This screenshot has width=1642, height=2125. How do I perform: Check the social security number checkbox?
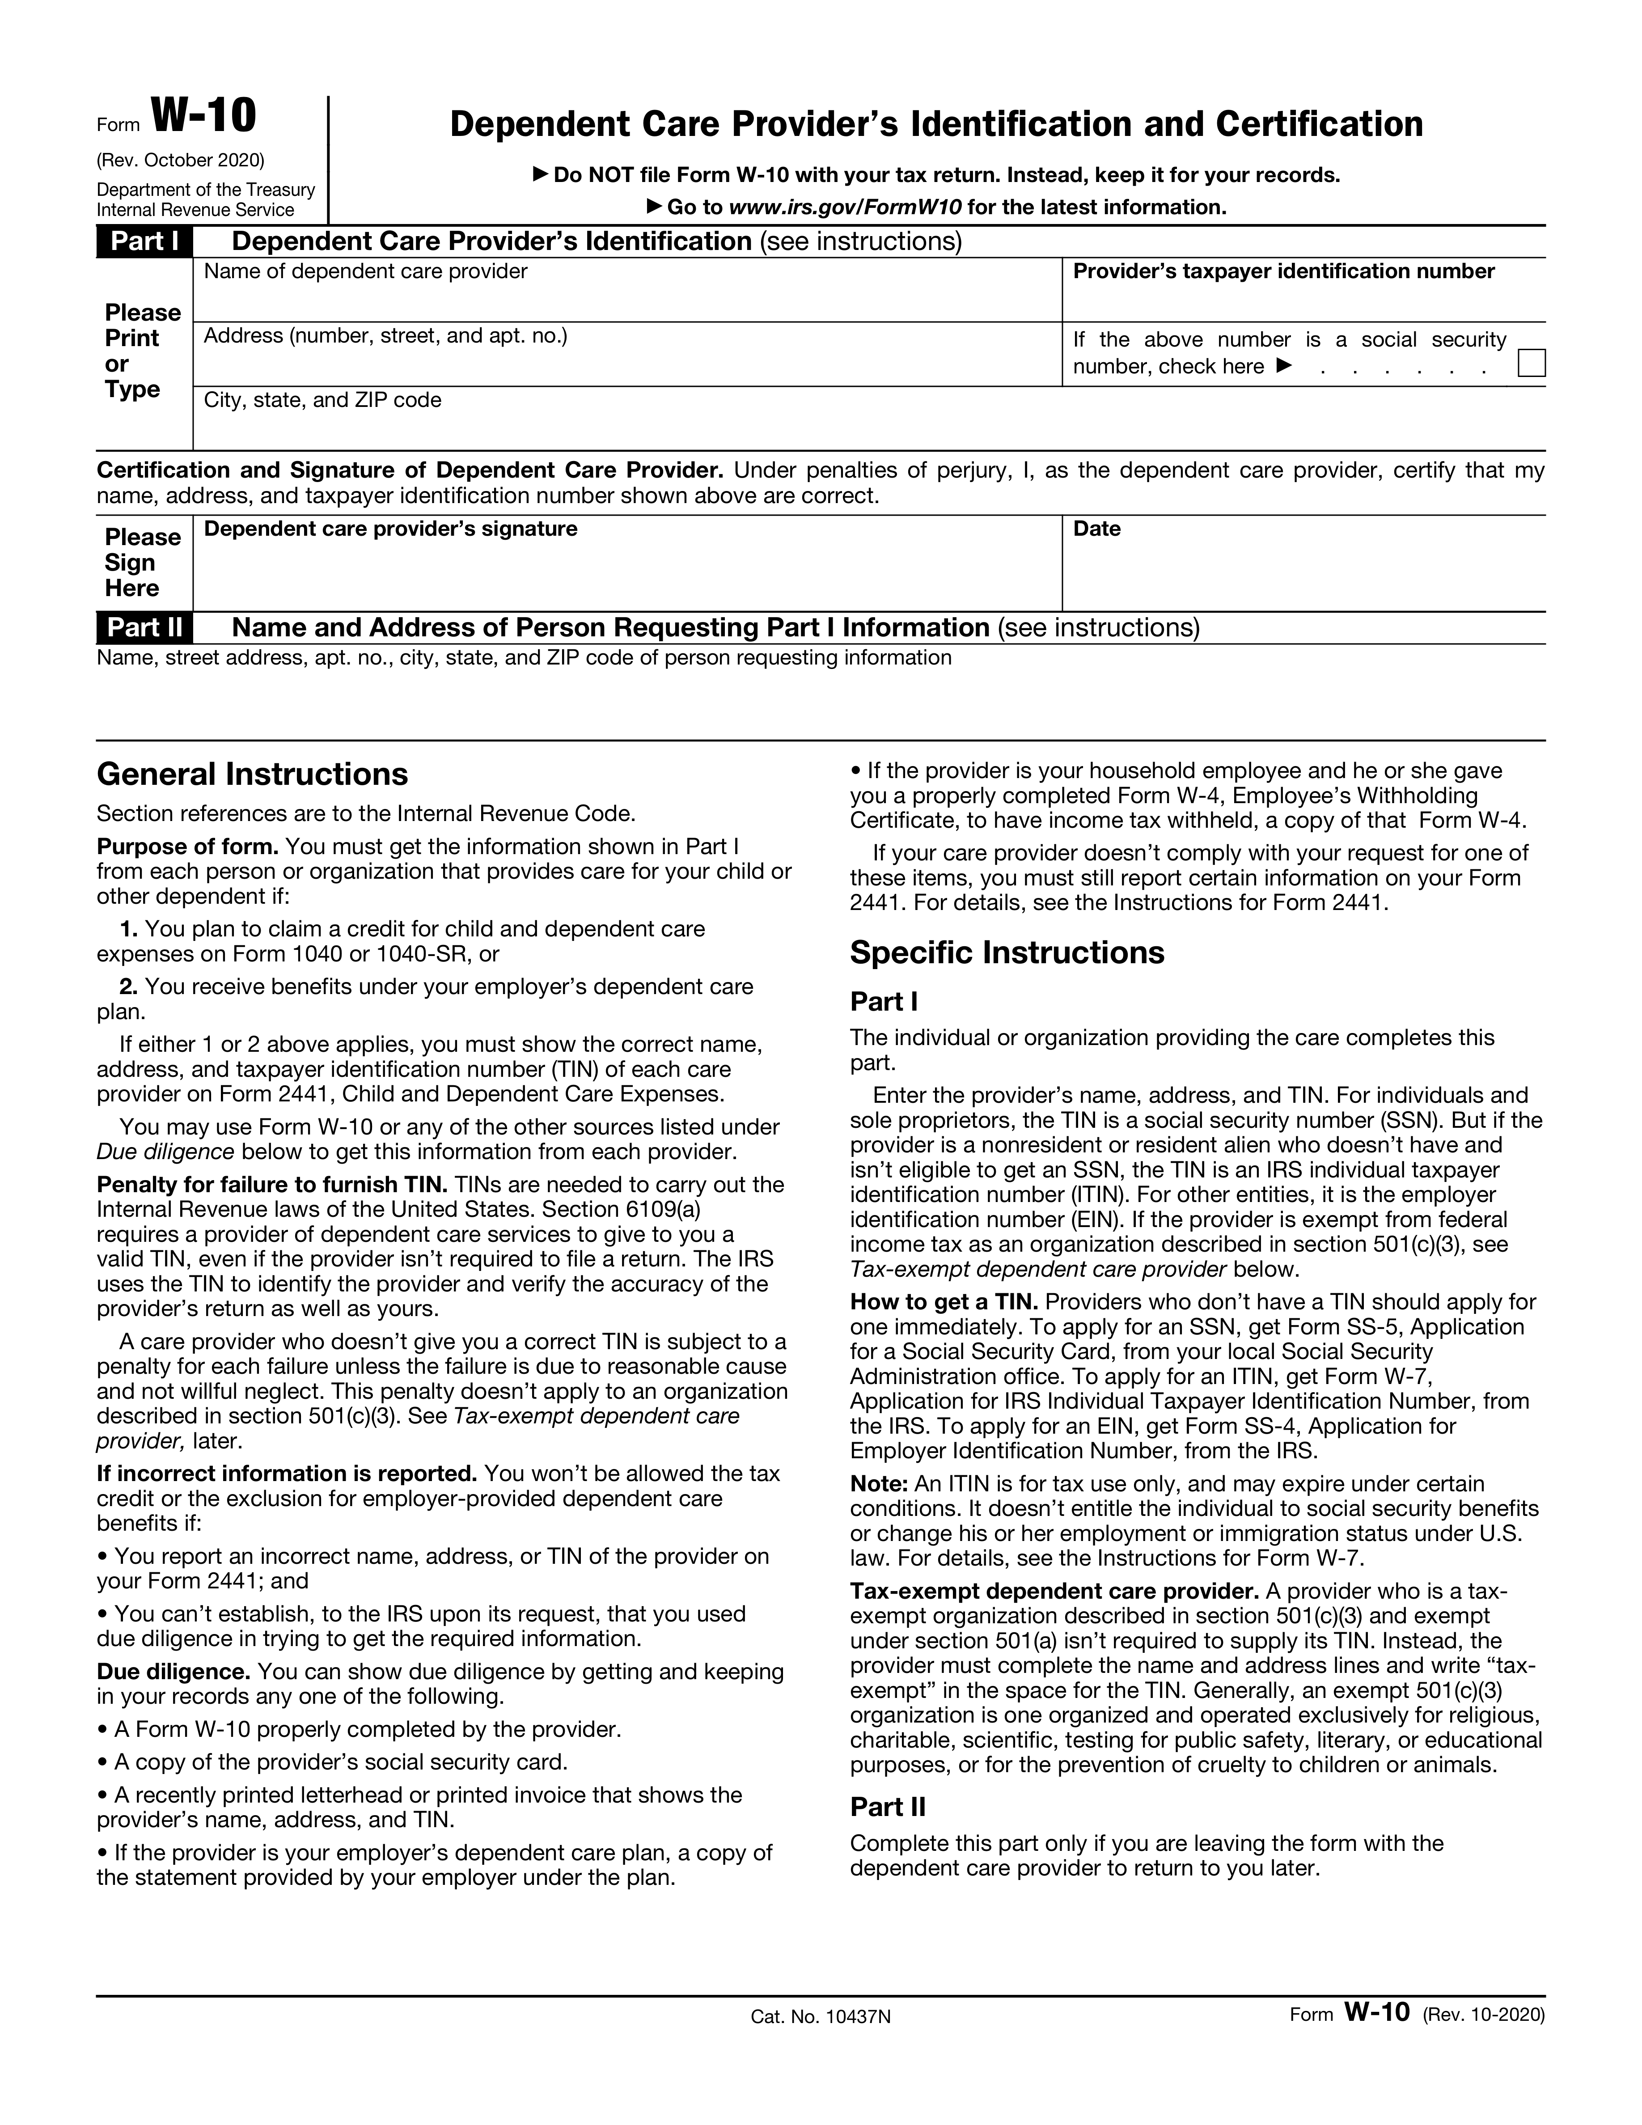click(1531, 363)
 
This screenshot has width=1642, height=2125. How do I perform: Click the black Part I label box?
click(144, 241)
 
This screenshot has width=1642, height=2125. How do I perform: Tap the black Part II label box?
click(144, 627)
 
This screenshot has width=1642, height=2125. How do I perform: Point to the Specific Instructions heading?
click(1007, 952)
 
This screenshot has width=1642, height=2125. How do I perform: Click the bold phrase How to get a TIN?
click(944, 1302)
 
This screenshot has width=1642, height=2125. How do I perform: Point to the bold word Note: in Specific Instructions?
click(878, 1484)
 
